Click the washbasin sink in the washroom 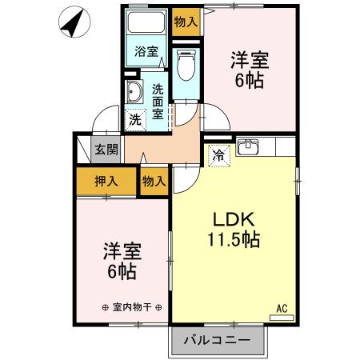pyautogui.click(x=132, y=94)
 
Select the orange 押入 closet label pyautogui.click(x=106, y=180)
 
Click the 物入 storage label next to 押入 pyautogui.click(x=154, y=181)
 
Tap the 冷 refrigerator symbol pyautogui.click(x=218, y=156)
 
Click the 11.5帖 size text pyautogui.click(x=232, y=238)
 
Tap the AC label pyautogui.click(x=282, y=307)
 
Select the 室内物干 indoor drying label pyautogui.click(x=133, y=307)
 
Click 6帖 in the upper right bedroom pyautogui.click(x=250, y=80)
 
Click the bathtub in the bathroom pyautogui.click(x=146, y=24)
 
